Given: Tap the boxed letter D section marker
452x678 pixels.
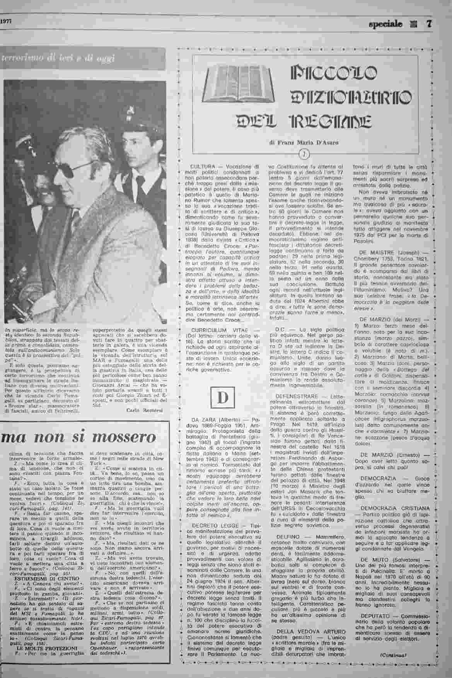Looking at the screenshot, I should click(x=223, y=398).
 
